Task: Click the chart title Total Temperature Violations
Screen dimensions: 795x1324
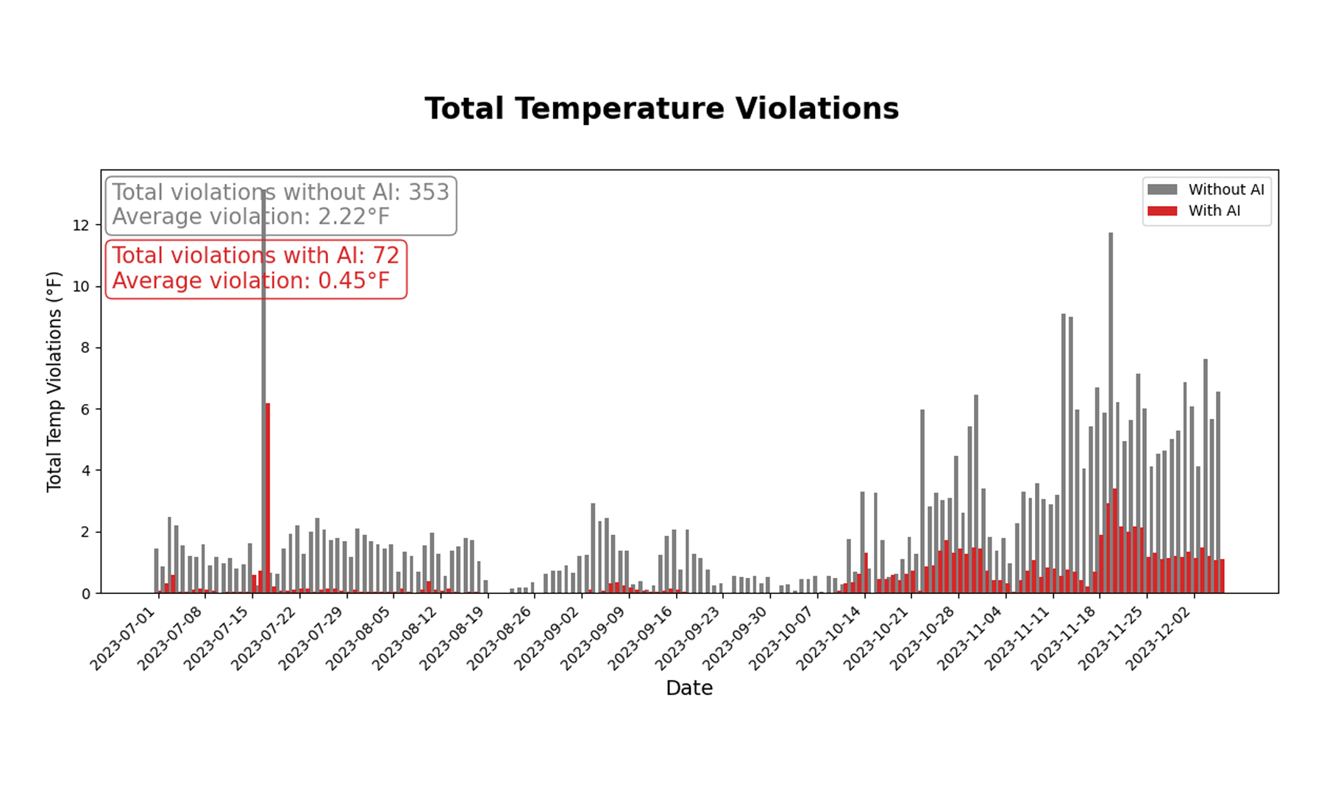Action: coord(661,109)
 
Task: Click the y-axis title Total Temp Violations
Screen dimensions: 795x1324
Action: coord(54,381)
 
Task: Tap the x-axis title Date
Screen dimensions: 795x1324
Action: coord(688,688)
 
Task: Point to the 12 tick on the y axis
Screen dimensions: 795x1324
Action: coord(80,225)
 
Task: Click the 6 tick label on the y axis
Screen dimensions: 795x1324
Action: coord(85,409)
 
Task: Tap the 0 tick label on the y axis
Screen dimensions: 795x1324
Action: coord(85,593)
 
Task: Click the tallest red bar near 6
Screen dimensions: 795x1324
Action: coord(268,498)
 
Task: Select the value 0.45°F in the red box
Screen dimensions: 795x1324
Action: coord(354,281)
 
